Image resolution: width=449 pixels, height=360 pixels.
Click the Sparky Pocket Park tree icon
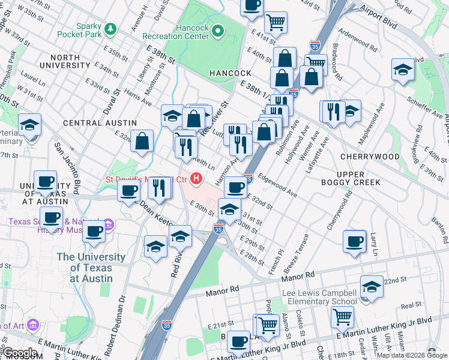click(110, 29)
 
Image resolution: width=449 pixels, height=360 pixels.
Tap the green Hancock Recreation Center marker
click(218, 29)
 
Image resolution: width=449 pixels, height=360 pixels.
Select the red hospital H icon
click(196, 179)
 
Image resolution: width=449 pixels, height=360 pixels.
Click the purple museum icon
click(109, 225)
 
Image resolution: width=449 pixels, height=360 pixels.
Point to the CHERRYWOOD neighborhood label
click(369, 157)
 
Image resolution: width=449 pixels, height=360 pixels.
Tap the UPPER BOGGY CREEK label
click(358, 178)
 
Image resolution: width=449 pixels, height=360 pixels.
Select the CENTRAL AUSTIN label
click(92, 123)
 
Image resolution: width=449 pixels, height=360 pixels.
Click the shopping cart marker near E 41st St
click(275, 22)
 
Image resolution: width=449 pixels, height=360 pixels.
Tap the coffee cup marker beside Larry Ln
click(354, 241)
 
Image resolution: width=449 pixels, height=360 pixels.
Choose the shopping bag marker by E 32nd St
click(142, 142)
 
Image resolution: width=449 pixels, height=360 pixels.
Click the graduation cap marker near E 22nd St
click(372, 286)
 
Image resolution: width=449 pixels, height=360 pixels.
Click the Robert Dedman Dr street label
click(122, 314)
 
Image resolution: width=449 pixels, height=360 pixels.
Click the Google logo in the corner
click(20, 353)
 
